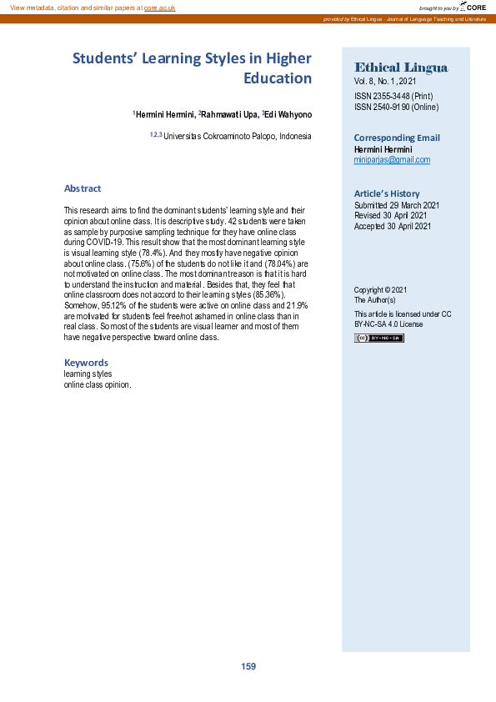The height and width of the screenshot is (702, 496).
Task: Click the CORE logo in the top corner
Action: [471, 7]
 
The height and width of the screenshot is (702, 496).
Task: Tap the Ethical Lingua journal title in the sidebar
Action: [401, 68]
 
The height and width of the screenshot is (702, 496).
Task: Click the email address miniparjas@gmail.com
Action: [392, 159]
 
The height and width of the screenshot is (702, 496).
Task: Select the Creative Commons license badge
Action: [378, 338]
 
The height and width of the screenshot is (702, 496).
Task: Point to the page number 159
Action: [248, 666]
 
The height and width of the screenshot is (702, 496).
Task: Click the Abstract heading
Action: [83, 188]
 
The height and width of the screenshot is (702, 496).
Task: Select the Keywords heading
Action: [86, 363]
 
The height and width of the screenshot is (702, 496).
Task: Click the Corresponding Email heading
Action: [397, 138]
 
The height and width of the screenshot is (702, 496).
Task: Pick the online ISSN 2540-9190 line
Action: [396, 107]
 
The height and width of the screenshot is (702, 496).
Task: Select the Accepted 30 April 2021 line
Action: [393, 226]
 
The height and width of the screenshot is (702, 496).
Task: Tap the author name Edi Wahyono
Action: [288, 114]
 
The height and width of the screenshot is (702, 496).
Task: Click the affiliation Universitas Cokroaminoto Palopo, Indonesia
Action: [237, 136]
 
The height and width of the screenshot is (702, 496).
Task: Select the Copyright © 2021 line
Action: [380, 289]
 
